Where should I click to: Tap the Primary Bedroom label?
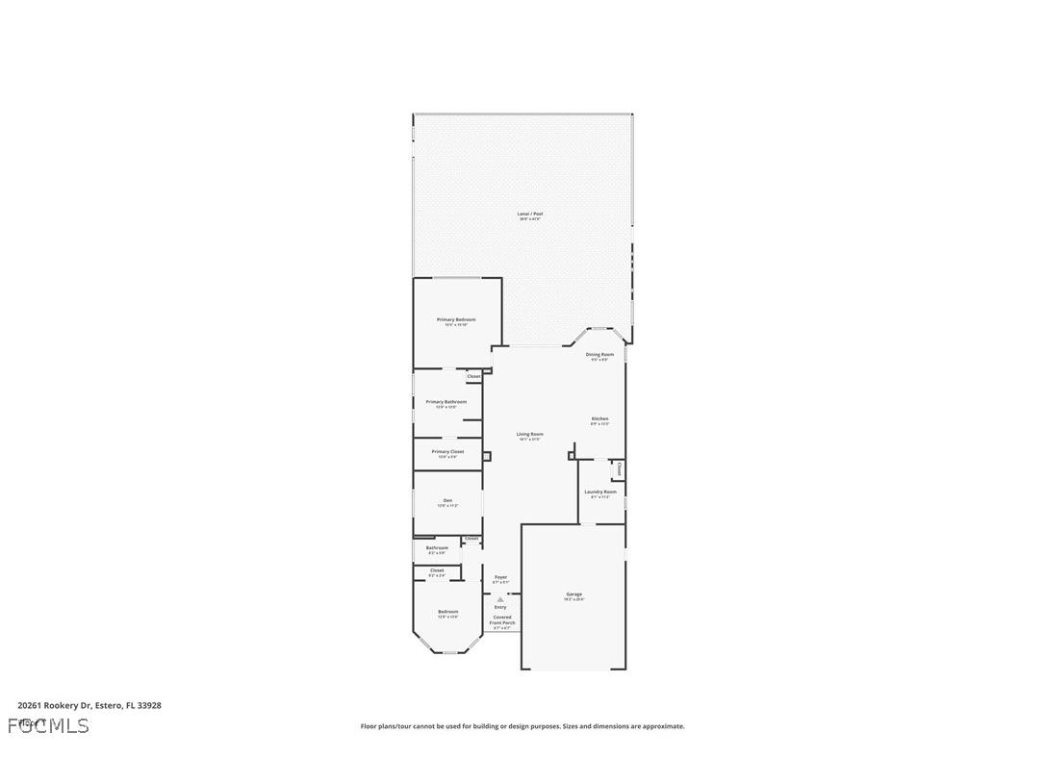point(456,319)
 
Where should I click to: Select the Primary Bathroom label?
point(446,401)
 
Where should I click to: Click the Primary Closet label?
point(447,451)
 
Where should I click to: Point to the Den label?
point(447,500)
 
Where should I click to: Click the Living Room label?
point(529,434)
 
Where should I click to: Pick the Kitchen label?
point(599,418)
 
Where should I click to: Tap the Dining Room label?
point(599,354)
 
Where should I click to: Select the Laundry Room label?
point(600,492)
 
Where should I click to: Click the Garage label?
point(573,594)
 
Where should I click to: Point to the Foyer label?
point(500,577)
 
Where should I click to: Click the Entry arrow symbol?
point(500,599)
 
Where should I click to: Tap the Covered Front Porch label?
point(501,619)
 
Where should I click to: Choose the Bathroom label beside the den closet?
point(437,547)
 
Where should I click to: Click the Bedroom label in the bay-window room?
point(447,612)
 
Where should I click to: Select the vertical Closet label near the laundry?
point(619,469)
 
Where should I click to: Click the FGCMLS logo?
point(48,725)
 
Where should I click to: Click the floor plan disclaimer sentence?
point(522,726)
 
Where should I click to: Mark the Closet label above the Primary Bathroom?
point(474,376)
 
